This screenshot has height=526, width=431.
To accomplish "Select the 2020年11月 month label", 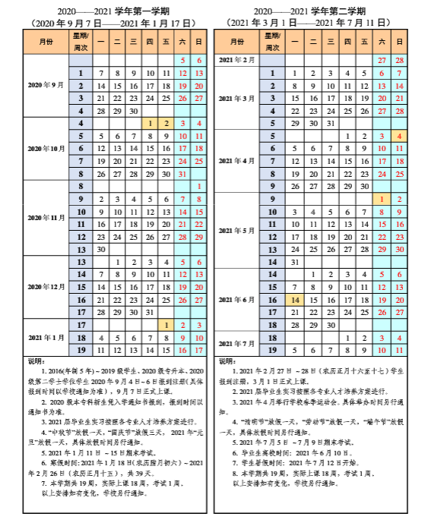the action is point(46,217).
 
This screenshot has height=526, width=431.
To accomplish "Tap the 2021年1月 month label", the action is point(46,337).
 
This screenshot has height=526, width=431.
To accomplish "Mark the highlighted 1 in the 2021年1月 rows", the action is point(166,324).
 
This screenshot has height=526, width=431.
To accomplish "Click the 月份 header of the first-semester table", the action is point(46,40).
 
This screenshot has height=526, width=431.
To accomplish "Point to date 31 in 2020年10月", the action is point(182,174).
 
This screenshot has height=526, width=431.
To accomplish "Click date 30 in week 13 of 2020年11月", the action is point(100,249).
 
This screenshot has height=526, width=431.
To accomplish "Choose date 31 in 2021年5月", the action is point(295,262).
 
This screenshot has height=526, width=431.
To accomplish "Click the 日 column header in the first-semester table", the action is point(198,40).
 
